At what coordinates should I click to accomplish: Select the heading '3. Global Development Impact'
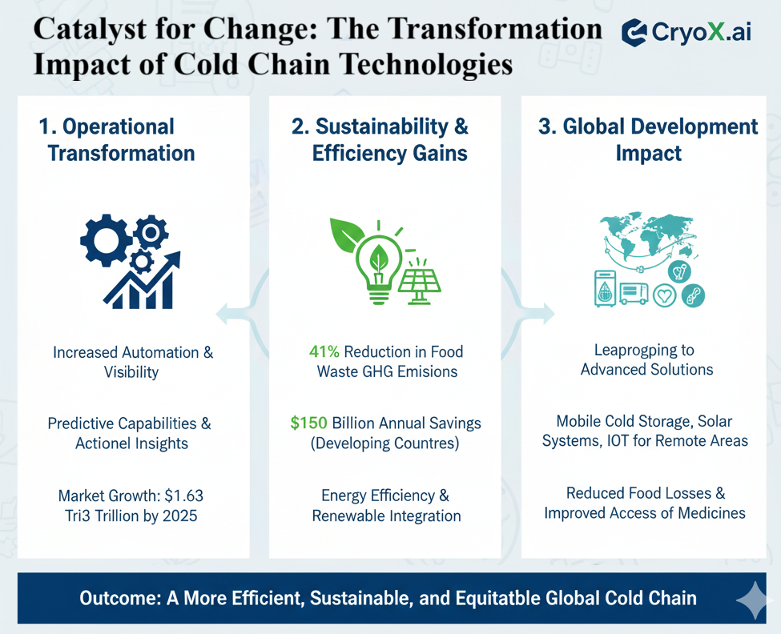click(648, 139)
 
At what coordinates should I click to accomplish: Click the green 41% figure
click(324, 351)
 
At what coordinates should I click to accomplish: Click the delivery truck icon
click(633, 294)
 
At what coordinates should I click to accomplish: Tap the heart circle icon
click(664, 296)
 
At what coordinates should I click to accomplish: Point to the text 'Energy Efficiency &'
click(385, 496)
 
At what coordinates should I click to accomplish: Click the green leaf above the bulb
click(349, 234)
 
